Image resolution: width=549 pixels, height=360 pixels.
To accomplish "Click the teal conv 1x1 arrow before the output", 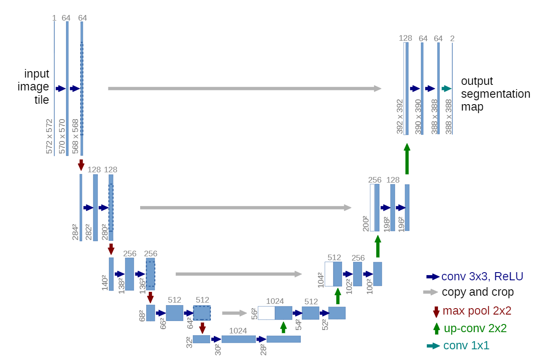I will tap(446, 89).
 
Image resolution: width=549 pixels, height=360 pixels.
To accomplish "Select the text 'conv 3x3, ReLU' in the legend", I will tap(482, 276).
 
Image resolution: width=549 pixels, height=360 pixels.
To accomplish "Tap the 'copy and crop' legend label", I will tap(477, 292).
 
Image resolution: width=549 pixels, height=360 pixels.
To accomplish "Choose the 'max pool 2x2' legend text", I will tap(477, 311).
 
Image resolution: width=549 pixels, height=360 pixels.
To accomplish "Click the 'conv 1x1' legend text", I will tap(466, 345).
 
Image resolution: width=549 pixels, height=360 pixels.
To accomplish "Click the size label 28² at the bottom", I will tap(264, 349).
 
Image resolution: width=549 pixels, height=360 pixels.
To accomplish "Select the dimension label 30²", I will tap(217, 349).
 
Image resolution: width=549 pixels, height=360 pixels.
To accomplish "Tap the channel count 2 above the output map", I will tap(452, 39).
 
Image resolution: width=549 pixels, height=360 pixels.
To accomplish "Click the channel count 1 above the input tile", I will tap(54, 18).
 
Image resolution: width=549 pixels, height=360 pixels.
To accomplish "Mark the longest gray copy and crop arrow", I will tap(244, 89).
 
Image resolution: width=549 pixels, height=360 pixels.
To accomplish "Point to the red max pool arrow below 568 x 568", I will tap(81, 165).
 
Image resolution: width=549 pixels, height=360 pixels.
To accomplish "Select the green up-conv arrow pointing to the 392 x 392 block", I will tap(407, 159).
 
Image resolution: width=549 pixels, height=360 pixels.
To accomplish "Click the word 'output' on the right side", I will tap(477, 81).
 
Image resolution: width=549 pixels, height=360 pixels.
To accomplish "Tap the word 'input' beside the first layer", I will tap(36, 74).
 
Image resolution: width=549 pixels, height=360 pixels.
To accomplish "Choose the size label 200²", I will tap(366, 223).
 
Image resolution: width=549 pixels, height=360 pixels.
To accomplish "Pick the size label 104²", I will tap(320, 279).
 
